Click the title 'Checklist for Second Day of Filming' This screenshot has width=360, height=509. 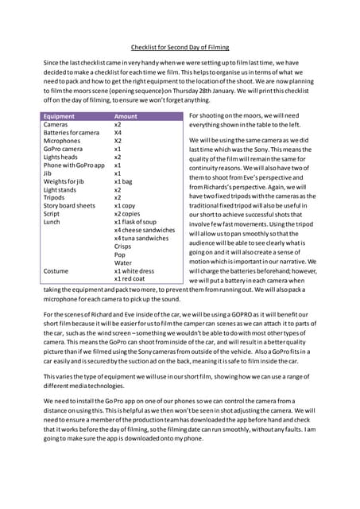pos(180,46)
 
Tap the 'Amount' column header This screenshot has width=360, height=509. pos(126,116)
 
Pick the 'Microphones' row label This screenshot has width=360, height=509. pos(62,141)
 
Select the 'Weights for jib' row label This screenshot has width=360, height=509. pos(64,181)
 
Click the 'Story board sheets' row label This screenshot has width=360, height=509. pos(70,205)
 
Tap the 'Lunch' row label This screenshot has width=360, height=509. pos(52,222)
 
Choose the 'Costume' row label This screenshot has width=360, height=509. pos(56,270)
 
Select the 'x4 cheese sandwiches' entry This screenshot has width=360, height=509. pos(145,230)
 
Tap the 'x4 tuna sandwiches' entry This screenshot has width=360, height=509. pos(141,238)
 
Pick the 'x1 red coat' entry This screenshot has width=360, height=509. pos(131,278)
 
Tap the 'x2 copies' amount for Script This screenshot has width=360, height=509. pos(128,213)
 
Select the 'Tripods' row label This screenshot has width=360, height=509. pos(55,197)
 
